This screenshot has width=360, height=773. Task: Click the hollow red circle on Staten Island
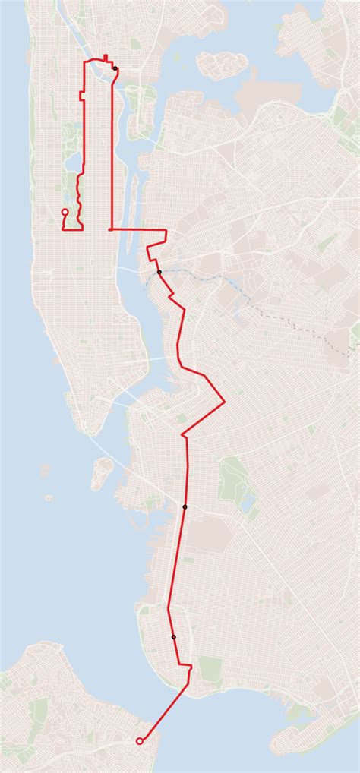pos(138,741)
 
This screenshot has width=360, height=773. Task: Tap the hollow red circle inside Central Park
pos(65,212)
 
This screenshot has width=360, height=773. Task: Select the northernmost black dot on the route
pos(115,68)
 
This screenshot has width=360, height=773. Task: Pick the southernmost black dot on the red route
pos(174,637)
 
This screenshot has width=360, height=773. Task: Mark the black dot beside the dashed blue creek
pos(159,272)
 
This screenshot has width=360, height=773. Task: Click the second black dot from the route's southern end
pos(185,506)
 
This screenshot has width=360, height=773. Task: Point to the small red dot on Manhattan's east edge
pos(112,229)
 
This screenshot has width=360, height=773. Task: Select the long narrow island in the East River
pos(134,190)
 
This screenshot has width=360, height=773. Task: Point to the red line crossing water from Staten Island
pos(164,715)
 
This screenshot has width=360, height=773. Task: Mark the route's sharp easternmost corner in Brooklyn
pos(226,401)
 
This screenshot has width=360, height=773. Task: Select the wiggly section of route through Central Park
pos(79,190)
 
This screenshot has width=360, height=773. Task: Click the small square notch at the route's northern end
pos(105,57)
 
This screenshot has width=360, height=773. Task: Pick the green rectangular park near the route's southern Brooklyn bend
pos(210,668)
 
